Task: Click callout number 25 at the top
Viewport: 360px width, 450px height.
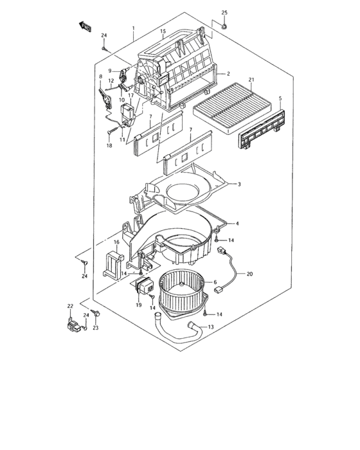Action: (224, 13)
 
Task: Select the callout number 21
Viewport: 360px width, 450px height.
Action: (251, 80)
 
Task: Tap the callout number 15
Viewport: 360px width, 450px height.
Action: (163, 32)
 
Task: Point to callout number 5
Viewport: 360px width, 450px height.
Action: (280, 98)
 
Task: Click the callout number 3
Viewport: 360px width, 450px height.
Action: (239, 184)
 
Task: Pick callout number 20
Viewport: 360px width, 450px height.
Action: (250, 274)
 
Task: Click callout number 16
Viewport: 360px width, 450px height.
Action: (117, 242)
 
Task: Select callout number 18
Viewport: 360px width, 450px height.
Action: (109, 147)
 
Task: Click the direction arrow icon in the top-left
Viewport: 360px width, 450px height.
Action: (84, 26)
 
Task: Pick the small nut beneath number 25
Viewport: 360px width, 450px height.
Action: (224, 26)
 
